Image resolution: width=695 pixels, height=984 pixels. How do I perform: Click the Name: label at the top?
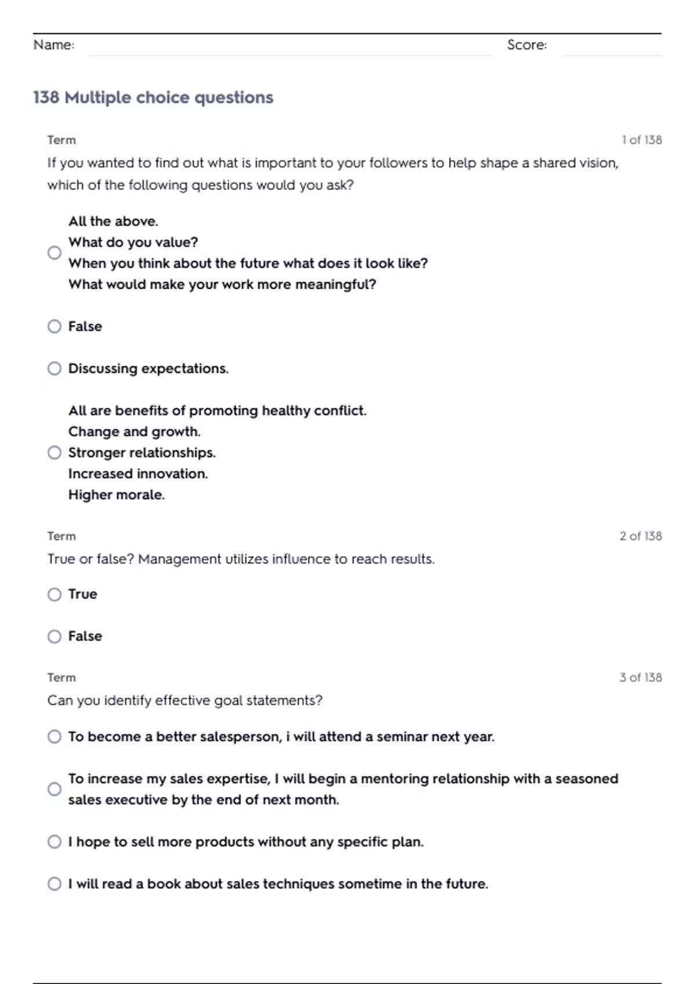pos(54,45)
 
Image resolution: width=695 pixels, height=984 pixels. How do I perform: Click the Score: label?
pos(526,45)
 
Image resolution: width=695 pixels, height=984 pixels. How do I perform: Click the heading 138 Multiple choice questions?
pos(153,97)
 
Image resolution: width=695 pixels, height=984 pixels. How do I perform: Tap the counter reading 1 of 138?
pos(641,139)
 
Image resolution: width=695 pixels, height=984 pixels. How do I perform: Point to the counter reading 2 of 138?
pos(640,536)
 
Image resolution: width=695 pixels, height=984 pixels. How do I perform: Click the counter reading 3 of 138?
pos(640,677)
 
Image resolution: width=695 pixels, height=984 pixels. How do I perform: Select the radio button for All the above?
pos(54,253)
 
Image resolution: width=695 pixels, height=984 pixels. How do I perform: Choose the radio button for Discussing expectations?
pos(54,369)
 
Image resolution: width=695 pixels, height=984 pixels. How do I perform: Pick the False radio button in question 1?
pos(54,326)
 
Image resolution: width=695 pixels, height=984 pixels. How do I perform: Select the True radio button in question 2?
pos(54,594)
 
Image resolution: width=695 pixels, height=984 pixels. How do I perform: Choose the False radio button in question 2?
pos(54,637)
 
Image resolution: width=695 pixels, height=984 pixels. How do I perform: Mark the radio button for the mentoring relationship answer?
pos(54,789)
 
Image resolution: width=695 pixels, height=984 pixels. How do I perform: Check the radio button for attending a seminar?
pos(54,737)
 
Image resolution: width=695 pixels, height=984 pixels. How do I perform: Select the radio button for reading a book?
pos(54,884)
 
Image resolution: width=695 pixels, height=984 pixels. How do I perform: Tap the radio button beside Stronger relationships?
pos(54,453)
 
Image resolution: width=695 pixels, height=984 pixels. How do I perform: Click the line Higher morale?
pos(116,495)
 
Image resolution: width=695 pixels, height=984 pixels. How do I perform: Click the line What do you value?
pos(133,243)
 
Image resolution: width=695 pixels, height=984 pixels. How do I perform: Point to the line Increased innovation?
pos(138,473)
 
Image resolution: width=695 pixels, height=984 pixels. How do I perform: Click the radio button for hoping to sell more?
pos(54,842)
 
